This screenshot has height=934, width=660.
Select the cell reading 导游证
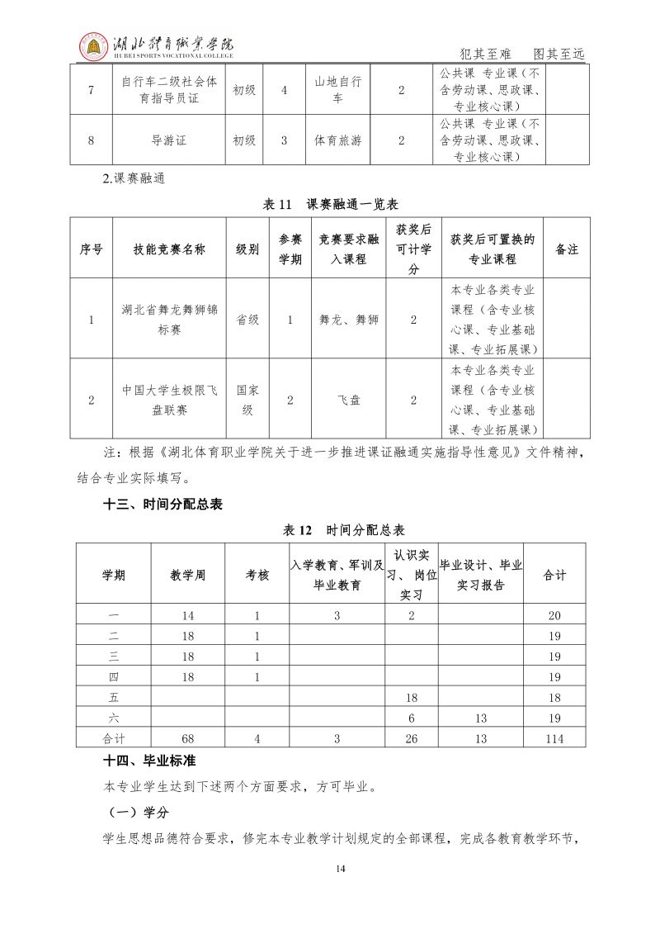169,140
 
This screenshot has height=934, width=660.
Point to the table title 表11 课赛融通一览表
330,204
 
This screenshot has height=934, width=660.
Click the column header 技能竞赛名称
169,249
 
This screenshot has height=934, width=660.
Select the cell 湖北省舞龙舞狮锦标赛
169,320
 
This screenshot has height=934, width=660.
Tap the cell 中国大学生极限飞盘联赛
169,399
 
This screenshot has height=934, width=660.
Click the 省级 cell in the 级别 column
247,320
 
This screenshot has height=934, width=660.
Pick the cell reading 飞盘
349,399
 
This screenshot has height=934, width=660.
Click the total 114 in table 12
554,739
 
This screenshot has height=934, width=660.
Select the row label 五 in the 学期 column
114,698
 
